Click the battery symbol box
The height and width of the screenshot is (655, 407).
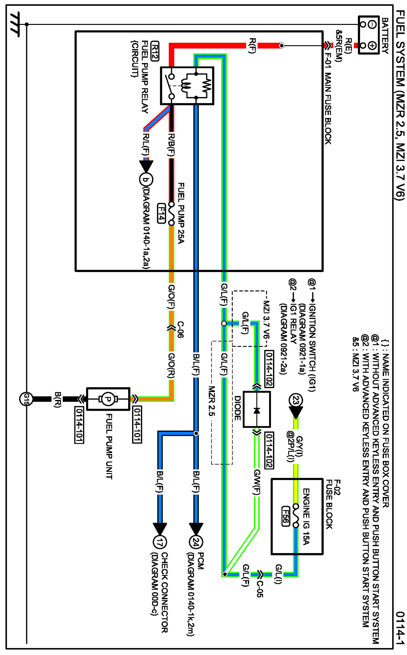pyautogui.click(x=368, y=34)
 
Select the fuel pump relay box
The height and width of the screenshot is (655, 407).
pyautogui.click(x=187, y=86)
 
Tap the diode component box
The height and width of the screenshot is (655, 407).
pyautogui.click(x=257, y=409)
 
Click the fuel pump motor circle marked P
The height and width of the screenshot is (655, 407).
pyautogui.click(x=107, y=399)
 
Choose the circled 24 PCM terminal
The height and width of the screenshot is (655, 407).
pyautogui.click(x=196, y=543)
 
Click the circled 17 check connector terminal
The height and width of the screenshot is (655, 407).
pyautogui.click(x=160, y=543)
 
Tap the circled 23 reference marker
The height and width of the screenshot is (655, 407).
pyautogui.click(x=296, y=400)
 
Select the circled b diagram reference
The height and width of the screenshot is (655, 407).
pyautogui.click(x=146, y=179)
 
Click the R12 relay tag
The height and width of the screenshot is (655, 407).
pyautogui.click(x=154, y=51)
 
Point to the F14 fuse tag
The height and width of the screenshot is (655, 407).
pyautogui.click(x=161, y=213)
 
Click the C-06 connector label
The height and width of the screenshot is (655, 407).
pyautogui.click(x=181, y=329)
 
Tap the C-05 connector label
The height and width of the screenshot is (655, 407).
pyautogui.click(x=260, y=589)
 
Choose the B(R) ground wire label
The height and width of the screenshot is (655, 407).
pyautogui.click(x=58, y=399)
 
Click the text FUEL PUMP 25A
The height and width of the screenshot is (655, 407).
pyautogui.click(x=181, y=213)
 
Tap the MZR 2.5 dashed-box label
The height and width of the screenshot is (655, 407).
pyautogui.click(x=212, y=401)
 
